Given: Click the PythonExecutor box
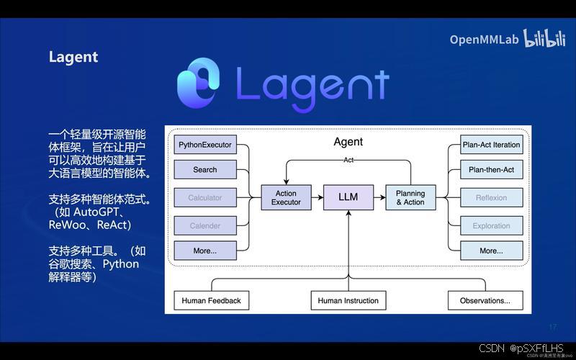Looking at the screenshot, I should [x=204, y=145].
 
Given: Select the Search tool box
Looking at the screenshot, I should [x=204, y=170].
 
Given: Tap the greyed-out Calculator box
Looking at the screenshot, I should [x=204, y=197].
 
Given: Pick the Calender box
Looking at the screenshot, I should [x=204, y=225].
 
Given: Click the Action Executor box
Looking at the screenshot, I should [x=286, y=197].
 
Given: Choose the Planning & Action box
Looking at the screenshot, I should [x=410, y=197].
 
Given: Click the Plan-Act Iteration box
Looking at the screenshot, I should [x=491, y=145].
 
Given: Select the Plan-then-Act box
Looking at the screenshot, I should [x=491, y=170].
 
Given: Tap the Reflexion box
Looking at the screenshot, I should [x=491, y=197].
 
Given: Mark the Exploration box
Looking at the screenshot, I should [x=491, y=225].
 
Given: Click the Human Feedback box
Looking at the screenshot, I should [x=211, y=300].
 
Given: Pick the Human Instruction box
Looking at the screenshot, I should [x=348, y=300].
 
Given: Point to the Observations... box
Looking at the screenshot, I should [x=485, y=300].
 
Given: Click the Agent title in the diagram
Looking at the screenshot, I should [x=348, y=142].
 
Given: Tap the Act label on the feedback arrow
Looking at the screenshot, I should [x=348, y=160].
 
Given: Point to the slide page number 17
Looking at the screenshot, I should [x=553, y=327].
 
